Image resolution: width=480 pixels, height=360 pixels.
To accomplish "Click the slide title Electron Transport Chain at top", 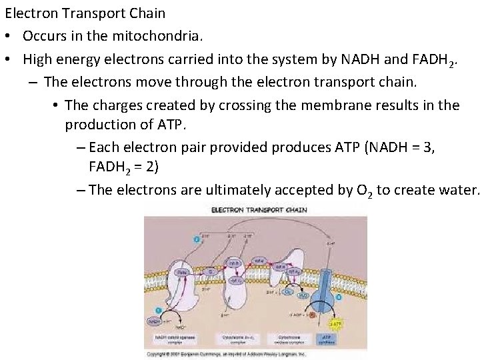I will click(85, 13).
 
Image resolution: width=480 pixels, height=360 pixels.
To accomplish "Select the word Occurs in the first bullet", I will click(43, 35).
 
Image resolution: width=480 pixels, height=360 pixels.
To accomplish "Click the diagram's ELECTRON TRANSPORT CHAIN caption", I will click(259, 211).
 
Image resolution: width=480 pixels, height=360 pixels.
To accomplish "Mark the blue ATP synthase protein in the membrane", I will click(328, 280).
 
